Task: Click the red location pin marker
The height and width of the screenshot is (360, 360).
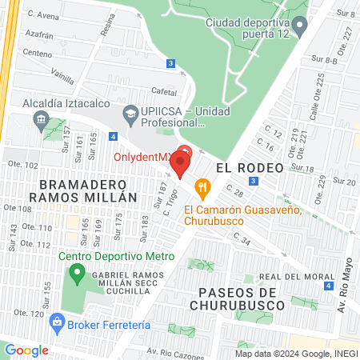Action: tap(182, 162)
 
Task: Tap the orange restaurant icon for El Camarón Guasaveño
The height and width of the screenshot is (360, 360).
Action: tap(204, 190)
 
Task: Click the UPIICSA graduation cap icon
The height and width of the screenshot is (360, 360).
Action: tap(130, 114)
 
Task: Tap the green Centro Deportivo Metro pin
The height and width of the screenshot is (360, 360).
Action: tap(77, 276)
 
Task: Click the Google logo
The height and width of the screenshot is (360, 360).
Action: tap(26, 350)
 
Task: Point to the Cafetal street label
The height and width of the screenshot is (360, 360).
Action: tap(164, 93)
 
